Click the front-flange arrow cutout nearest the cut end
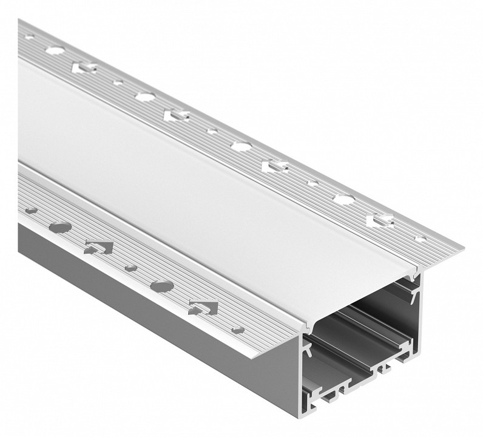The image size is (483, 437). click(203, 307)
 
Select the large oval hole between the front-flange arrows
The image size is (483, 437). click(162, 285)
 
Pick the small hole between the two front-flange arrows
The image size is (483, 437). click(130, 268)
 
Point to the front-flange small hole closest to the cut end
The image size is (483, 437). click(238, 330)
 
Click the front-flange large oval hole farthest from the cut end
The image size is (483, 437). click(60, 228)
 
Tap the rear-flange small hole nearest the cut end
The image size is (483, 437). click(420, 239)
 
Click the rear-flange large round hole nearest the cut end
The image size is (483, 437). click(343, 199)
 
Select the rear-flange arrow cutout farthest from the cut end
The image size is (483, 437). click(84, 67)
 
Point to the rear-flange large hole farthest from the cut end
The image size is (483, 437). click(55, 51)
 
